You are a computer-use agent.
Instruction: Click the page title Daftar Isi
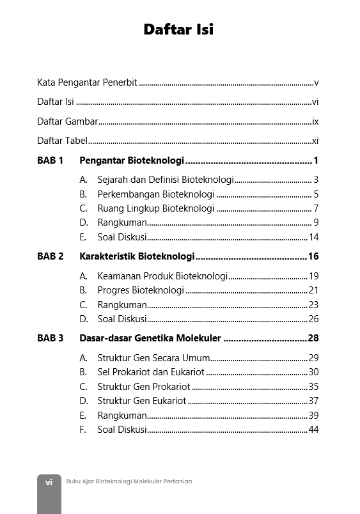tap(178, 29)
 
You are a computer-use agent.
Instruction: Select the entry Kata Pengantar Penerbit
tap(87, 82)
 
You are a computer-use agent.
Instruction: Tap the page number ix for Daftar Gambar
tap(315, 121)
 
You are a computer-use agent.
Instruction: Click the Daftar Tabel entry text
tap(62, 141)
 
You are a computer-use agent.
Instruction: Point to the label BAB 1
tap(50, 160)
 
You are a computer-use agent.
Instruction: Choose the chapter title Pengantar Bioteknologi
tap(132, 160)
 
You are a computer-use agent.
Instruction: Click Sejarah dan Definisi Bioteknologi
tap(166, 180)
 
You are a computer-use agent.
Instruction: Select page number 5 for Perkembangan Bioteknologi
tap(316, 194)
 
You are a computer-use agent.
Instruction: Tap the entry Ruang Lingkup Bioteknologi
tap(155, 208)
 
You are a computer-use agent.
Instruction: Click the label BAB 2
tap(51, 256)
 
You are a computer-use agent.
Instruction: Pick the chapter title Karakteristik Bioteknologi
tap(137, 256)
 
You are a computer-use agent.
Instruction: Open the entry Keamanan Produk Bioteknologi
tap(162, 276)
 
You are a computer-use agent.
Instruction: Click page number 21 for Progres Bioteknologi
tap(313, 290)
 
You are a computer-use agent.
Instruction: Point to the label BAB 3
tap(51, 338)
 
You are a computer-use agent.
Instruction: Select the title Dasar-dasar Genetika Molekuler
tap(150, 338)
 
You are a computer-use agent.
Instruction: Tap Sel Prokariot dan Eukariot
tap(150, 372)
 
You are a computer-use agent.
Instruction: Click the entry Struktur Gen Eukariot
tap(141, 401)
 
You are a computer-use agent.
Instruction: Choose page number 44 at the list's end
tap(313, 430)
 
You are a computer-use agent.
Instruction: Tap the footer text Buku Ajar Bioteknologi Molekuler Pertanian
tap(129, 481)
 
